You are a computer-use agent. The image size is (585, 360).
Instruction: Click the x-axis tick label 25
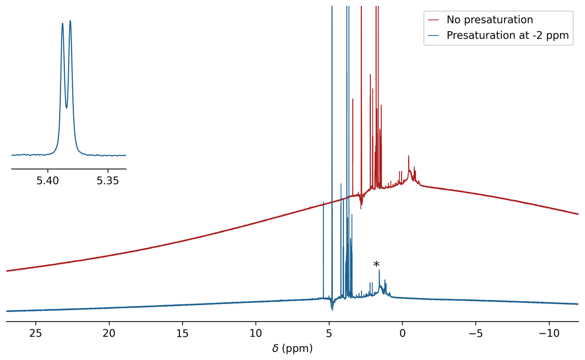click(x=36, y=333)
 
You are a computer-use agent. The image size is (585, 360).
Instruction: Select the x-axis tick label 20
click(x=109, y=333)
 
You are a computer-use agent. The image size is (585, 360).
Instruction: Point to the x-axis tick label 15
click(x=182, y=333)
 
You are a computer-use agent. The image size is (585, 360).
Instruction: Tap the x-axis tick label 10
click(x=256, y=333)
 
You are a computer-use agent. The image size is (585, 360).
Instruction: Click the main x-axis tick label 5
click(x=329, y=333)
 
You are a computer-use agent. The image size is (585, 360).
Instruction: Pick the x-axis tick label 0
click(x=402, y=333)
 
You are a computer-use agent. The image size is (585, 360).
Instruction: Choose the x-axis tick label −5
click(x=475, y=333)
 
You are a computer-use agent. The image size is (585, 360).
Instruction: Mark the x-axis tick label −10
click(x=549, y=333)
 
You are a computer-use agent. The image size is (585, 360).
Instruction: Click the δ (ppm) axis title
click(x=292, y=349)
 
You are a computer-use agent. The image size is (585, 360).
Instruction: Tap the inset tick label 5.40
click(x=48, y=181)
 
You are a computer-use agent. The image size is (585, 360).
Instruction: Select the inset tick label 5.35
click(x=108, y=181)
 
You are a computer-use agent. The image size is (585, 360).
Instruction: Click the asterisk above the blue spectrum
click(x=376, y=265)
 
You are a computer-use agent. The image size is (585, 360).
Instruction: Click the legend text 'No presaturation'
click(x=490, y=20)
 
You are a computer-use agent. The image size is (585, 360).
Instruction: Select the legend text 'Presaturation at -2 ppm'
click(x=508, y=36)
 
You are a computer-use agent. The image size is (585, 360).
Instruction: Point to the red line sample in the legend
click(x=433, y=20)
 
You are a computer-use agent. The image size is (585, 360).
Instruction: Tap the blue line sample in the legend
click(x=433, y=36)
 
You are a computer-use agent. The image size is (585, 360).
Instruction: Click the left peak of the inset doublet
click(x=62, y=24)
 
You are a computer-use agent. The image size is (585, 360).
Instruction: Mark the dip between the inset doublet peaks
click(x=66, y=107)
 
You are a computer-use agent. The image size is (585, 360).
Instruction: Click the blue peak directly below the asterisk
click(x=379, y=271)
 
